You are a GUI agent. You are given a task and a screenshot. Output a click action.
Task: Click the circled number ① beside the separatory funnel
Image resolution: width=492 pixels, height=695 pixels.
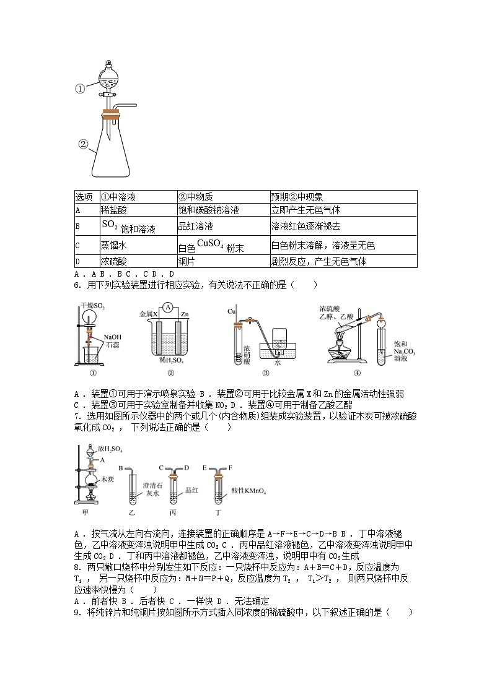pyautogui.click(x=80, y=88)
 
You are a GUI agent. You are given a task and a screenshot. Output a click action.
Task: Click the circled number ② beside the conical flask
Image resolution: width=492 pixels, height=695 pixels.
pyautogui.click(x=83, y=145)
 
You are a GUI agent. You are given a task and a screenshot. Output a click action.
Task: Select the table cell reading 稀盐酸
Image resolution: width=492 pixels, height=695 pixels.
pyautogui.click(x=113, y=210)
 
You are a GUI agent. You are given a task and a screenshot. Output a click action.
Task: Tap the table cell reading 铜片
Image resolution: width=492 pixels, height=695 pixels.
pyautogui.click(x=188, y=261)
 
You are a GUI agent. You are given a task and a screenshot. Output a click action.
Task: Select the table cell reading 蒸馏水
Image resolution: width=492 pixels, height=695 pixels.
pyautogui.click(x=113, y=245)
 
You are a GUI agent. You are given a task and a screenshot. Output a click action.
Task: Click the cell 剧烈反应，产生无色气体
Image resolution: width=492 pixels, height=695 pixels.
pyautogui.click(x=318, y=261)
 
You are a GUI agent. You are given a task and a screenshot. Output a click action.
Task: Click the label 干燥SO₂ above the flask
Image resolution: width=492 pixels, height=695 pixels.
pyautogui.click(x=93, y=306)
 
